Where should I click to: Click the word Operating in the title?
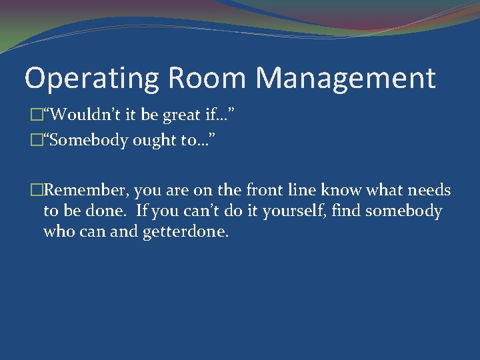91,79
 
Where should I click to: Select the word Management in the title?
346,78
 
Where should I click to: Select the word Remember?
85,191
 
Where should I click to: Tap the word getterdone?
186,233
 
